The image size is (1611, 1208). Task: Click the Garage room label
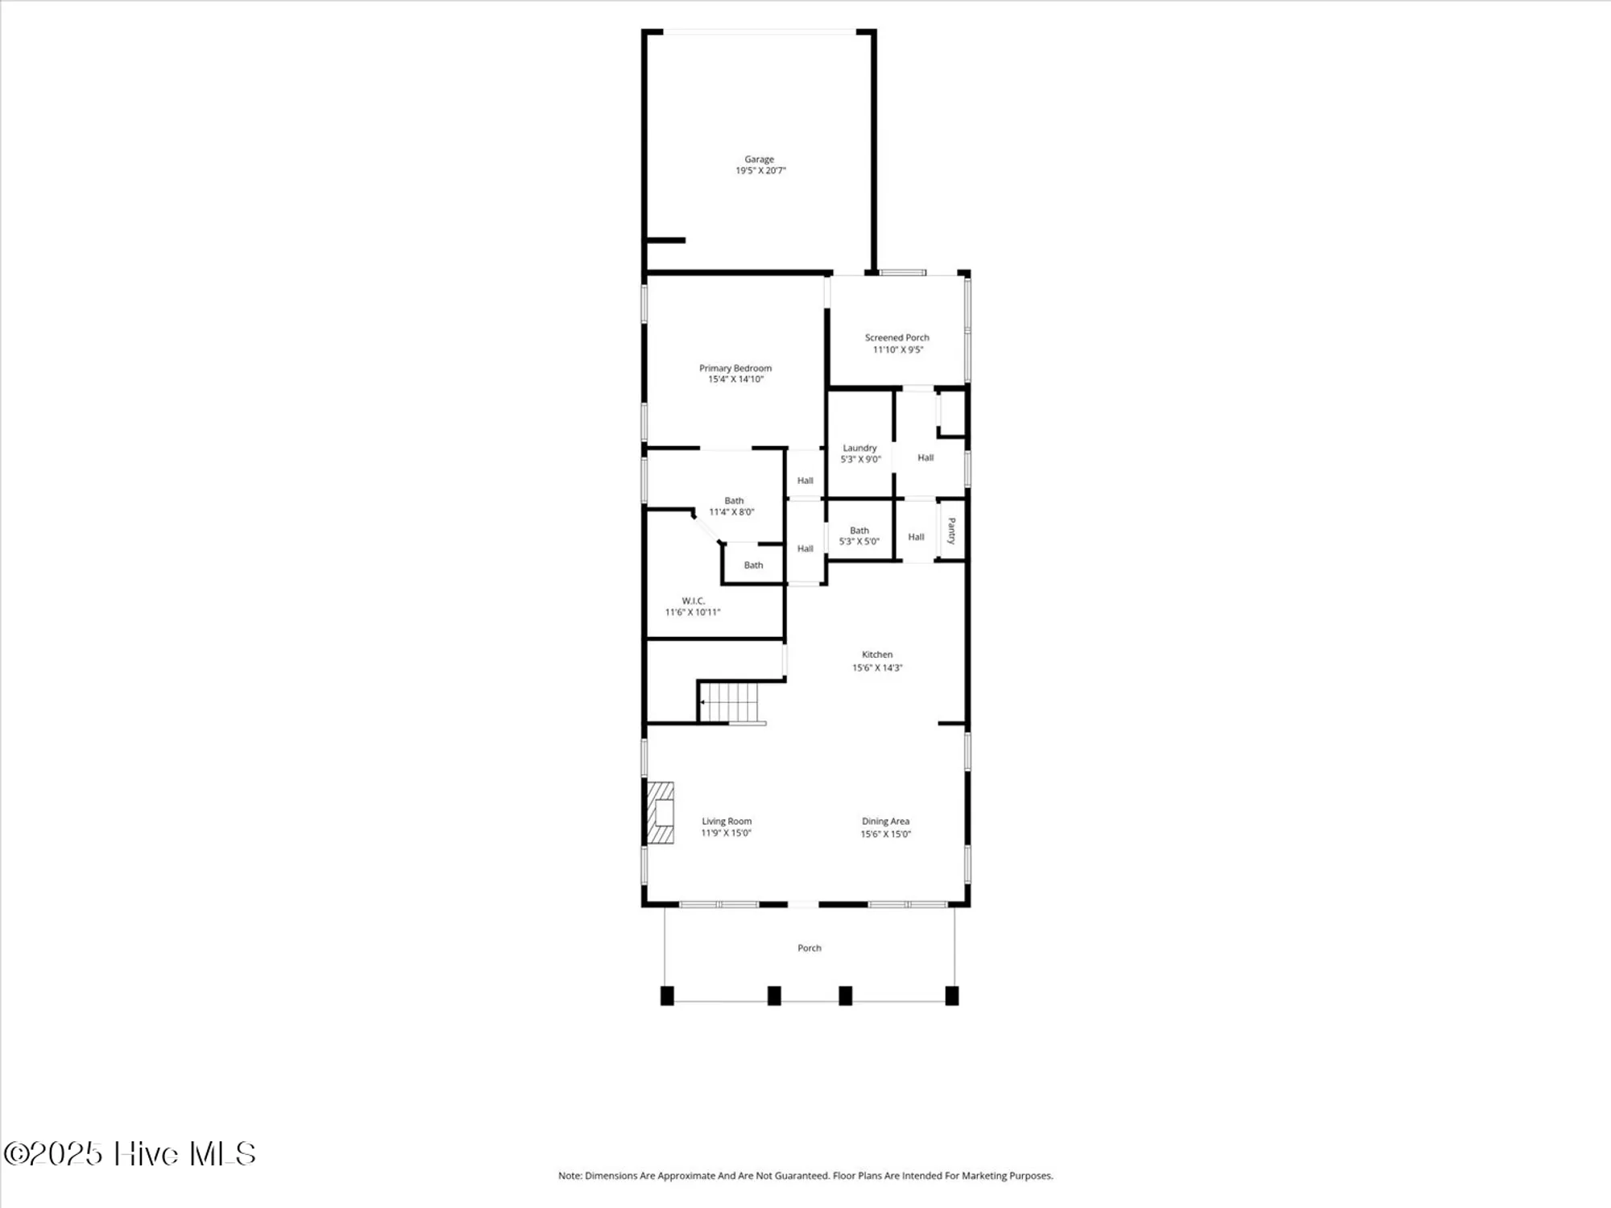click(759, 159)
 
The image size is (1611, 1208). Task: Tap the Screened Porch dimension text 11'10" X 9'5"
click(897, 350)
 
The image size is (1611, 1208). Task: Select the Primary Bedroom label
click(735, 368)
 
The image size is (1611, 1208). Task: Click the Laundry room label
click(859, 448)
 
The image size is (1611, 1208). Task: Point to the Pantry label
click(951, 531)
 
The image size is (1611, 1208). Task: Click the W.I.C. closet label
click(693, 601)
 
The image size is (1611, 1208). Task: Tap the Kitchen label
click(877, 655)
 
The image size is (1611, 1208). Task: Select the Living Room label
click(726, 821)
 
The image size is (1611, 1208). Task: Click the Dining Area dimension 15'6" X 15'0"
click(885, 834)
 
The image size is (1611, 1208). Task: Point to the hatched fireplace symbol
click(661, 813)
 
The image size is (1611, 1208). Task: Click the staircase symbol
click(730, 702)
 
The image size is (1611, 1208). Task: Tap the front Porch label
click(809, 948)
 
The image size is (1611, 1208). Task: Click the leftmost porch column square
click(667, 995)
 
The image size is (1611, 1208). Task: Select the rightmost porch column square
click(951, 995)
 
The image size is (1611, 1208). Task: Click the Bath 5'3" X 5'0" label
click(859, 536)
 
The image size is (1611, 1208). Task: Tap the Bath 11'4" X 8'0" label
click(732, 506)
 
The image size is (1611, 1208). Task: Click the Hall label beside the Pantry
click(916, 537)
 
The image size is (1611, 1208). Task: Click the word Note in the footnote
click(569, 1176)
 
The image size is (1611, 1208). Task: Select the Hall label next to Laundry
click(926, 457)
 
